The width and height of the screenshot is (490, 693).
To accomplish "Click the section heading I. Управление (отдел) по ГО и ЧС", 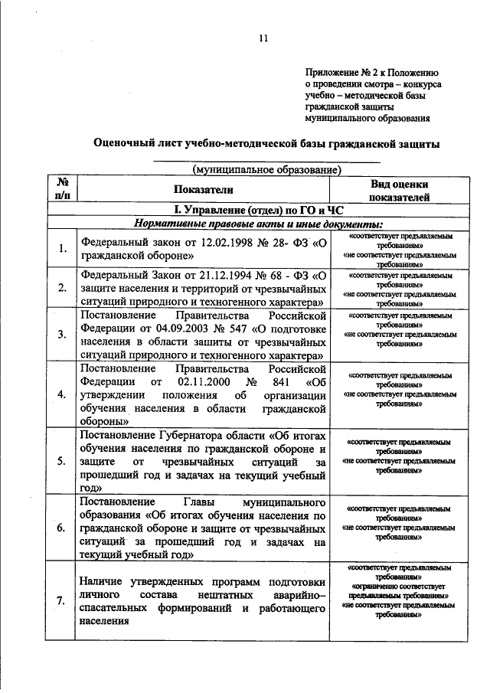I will click(258, 209).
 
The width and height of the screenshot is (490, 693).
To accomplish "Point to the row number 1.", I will click(62, 247).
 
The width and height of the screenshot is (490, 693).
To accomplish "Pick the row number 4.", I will click(62, 394).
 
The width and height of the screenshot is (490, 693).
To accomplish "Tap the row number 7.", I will click(62, 601).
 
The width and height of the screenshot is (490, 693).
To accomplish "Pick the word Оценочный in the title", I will click(126, 143).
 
